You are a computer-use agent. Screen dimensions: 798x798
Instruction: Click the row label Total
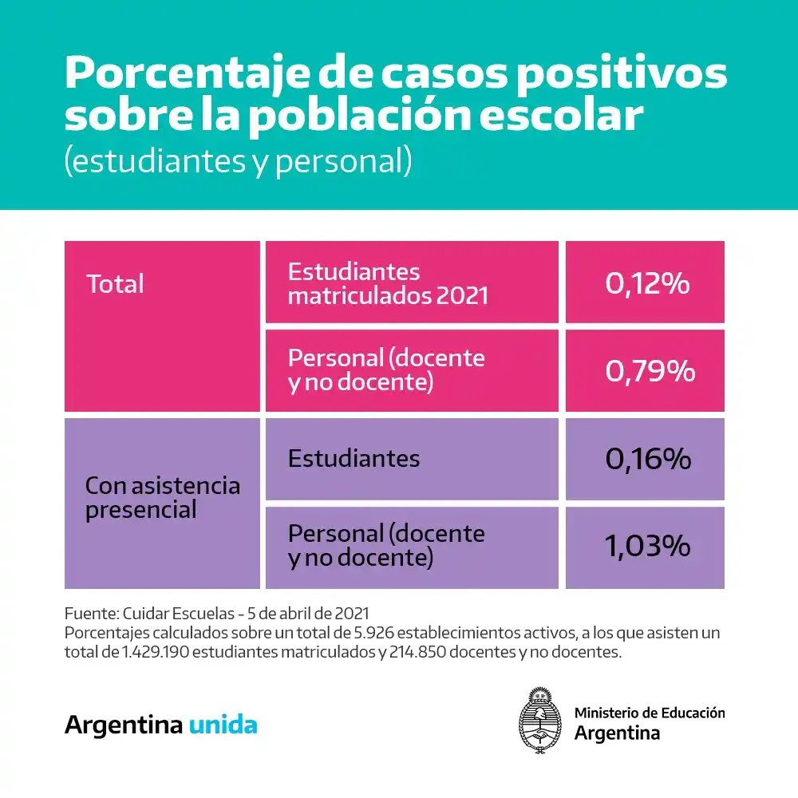pos(115,284)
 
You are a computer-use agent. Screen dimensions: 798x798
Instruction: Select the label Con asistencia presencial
pos(162,497)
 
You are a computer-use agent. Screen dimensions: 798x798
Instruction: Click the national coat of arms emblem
pos(541,720)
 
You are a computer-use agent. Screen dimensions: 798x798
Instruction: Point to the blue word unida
pos(223,725)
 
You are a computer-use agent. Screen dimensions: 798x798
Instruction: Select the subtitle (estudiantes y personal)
pos(238,160)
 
